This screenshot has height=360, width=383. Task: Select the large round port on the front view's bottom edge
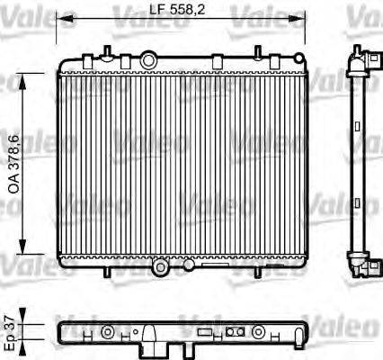tap(160, 266)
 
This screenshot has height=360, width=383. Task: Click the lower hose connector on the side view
tap(365, 265)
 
